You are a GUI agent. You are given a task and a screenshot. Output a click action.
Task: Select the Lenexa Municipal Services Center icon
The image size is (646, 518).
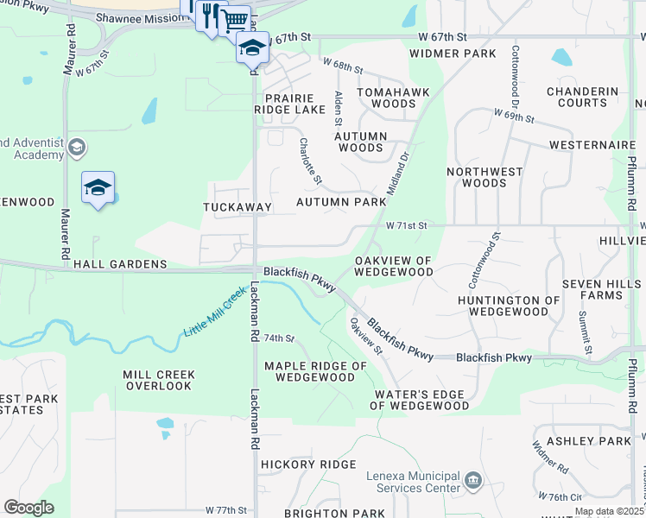472,479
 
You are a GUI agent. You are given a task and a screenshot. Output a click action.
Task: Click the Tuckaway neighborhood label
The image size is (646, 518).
237,207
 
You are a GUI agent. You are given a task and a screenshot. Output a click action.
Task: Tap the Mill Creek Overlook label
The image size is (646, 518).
159,381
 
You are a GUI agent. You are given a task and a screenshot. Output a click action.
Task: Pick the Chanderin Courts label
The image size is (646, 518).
583,97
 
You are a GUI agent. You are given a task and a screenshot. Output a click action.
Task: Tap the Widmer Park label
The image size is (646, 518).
453,54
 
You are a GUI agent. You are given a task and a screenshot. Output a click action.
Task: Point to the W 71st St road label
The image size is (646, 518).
407,225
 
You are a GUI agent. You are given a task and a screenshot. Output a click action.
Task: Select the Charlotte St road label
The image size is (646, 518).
310,161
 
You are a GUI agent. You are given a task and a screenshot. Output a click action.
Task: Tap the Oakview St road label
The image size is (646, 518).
365,335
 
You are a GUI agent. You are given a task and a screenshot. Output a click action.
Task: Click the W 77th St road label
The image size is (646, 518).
226,511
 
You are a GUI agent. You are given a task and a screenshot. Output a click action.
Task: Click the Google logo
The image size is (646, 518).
28,508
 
